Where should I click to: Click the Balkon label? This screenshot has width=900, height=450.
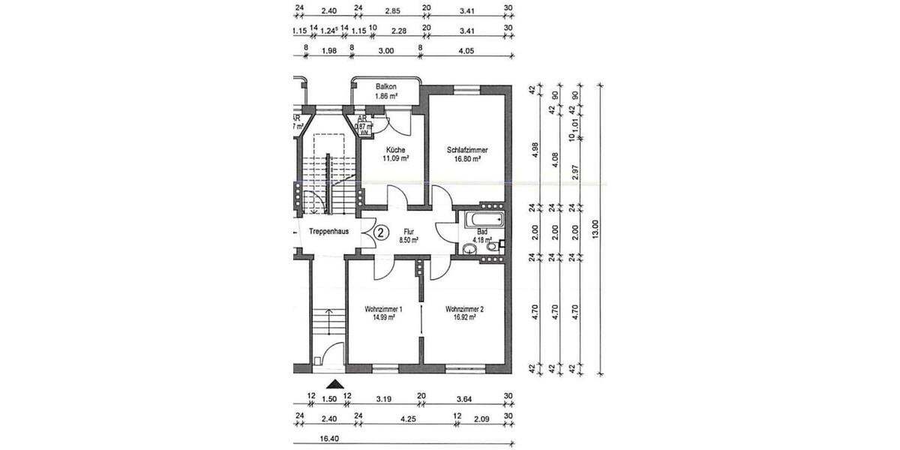[386, 87]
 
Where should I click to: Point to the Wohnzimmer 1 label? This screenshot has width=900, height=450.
[383, 308]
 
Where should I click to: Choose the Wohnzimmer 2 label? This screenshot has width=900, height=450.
[464, 308]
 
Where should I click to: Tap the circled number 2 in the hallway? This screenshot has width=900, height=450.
[380, 232]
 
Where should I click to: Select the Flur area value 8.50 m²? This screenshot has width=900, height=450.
[408, 241]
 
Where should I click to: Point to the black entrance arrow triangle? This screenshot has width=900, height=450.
[328, 383]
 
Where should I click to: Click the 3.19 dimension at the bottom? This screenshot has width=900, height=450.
[383, 399]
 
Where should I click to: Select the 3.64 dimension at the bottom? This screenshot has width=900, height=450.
[466, 399]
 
